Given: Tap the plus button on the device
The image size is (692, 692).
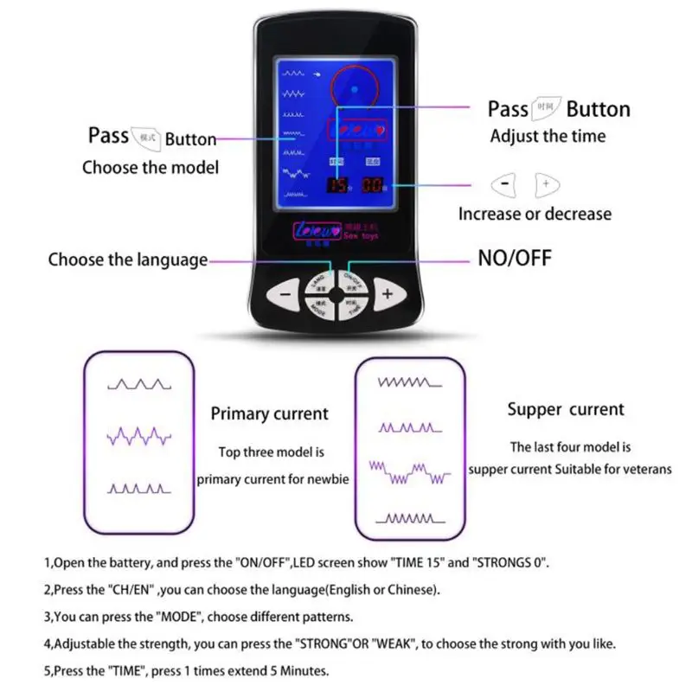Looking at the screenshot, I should (x=388, y=294).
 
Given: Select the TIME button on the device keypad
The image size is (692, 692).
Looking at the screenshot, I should (x=351, y=306).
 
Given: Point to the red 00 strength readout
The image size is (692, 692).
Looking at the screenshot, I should (x=373, y=186).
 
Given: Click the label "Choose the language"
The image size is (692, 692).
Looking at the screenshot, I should (x=128, y=259).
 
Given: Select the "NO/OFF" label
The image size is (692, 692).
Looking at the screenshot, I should (x=515, y=258).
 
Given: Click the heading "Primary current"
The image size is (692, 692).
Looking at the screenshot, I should (x=269, y=414).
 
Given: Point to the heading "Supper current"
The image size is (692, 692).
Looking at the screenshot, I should (x=566, y=409).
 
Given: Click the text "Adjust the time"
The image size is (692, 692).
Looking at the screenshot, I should (x=548, y=136).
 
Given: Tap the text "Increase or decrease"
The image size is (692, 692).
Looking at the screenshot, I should (x=535, y=213).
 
